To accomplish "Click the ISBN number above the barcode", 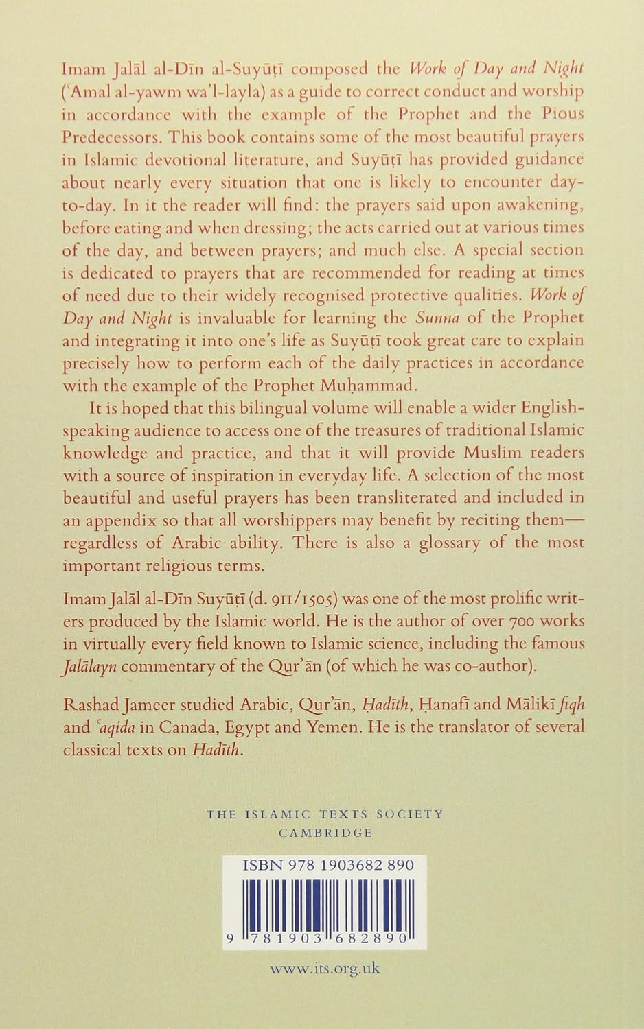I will tap(328, 865).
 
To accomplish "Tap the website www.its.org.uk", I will tap(325, 969).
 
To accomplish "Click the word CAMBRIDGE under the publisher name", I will tap(325, 833).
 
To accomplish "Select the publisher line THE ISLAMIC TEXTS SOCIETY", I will tap(325, 814).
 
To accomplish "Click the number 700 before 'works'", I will tap(526, 621).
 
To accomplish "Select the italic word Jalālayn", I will tap(89, 666).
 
